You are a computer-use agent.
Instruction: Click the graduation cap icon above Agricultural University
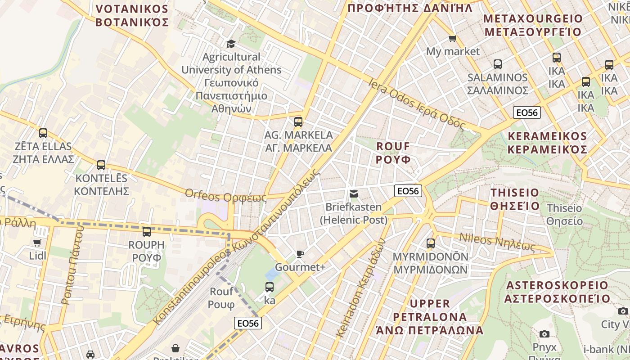coord(231,43)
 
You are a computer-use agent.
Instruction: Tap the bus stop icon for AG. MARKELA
coord(298,121)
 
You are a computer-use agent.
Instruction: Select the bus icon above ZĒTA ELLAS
coord(43,133)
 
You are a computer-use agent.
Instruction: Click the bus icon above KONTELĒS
coord(101,165)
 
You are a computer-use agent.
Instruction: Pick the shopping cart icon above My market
coord(452,39)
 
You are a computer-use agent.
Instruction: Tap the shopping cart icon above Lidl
coord(37,243)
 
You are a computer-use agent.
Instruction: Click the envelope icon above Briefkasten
coord(354,194)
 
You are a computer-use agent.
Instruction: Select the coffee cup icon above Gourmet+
coord(300,254)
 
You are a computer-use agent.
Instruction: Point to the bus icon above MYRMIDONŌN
coord(431,243)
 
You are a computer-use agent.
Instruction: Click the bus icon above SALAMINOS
coord(497,64)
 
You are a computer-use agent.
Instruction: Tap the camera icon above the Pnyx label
coord(544,334)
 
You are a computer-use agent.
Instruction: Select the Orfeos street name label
coord(225,196)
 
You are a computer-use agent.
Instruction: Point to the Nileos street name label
coord(497,243)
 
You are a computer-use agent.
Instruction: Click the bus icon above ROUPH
coord(147,232)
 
